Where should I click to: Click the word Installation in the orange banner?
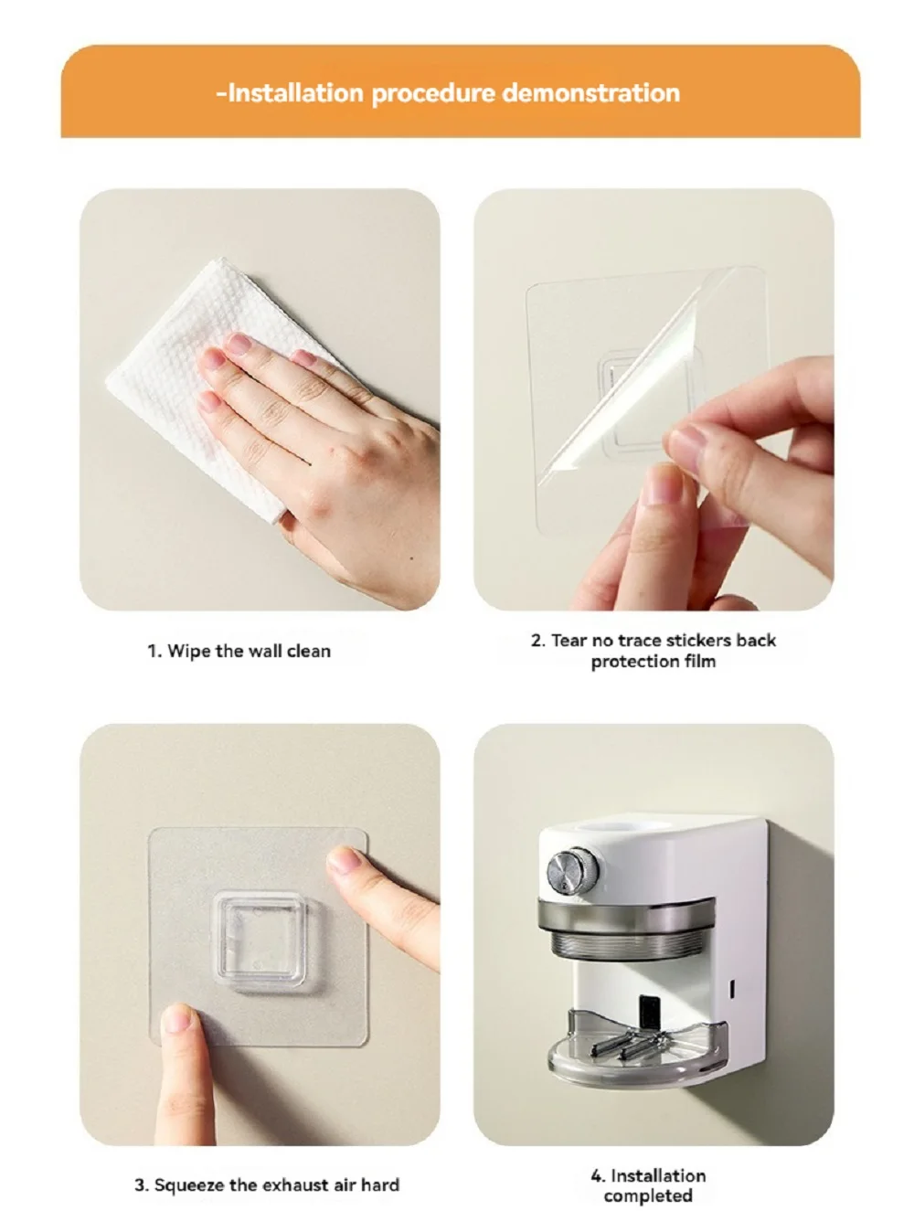[x=295, y=92]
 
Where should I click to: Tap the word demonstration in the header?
[x=590, y=92]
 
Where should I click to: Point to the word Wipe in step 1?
[x=190, y=652]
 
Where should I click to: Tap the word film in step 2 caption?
[x=700, y=661]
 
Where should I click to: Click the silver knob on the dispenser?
[x=572, y=870]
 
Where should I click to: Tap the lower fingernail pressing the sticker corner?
[x=177, y=1018]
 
